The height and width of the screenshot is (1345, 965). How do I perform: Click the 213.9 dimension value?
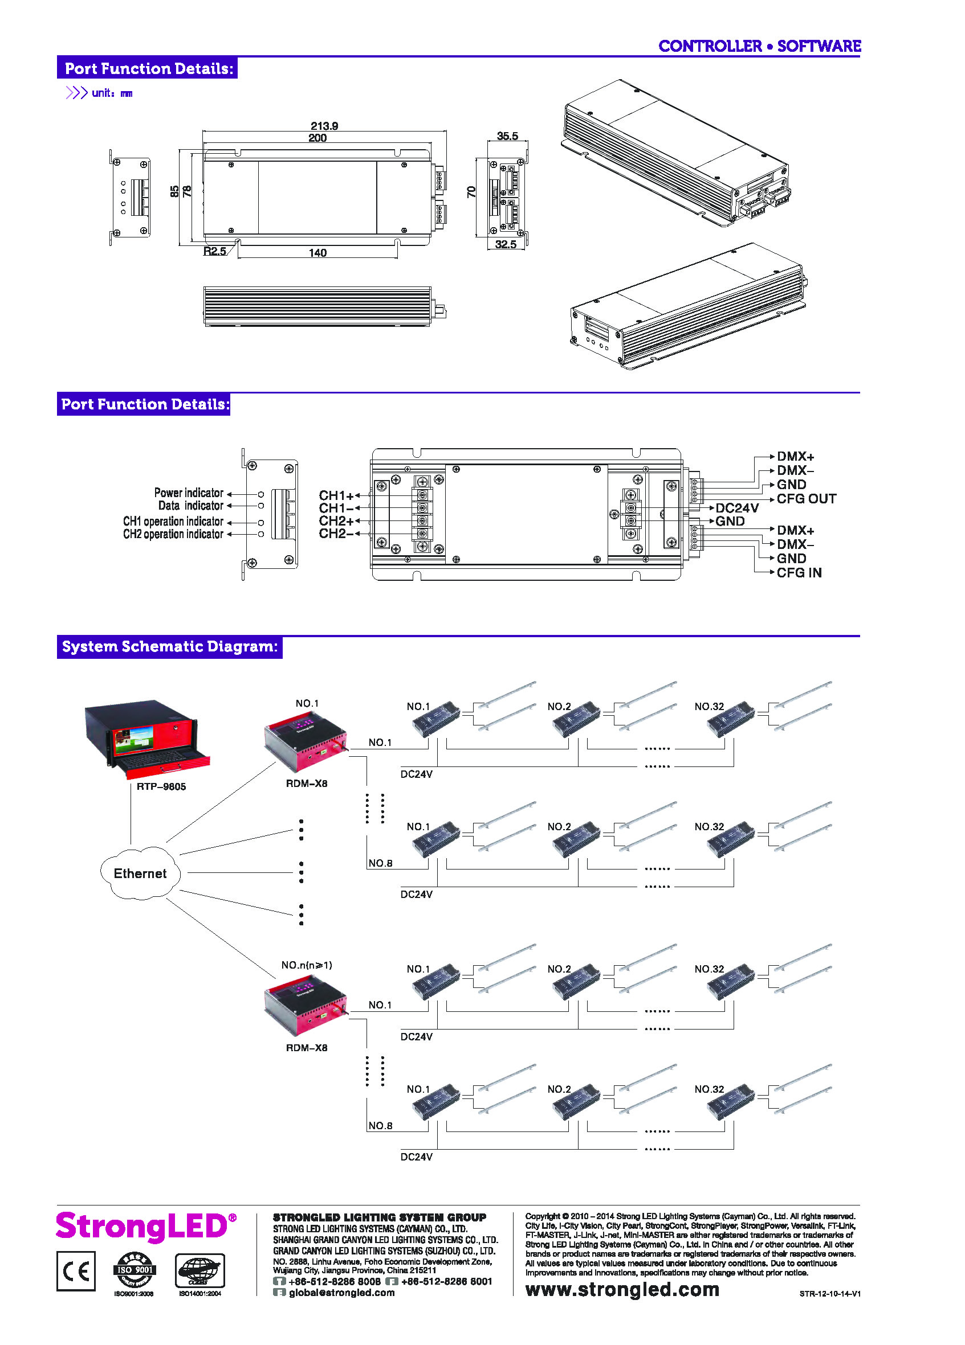pyautogui.click(x=324, y=126)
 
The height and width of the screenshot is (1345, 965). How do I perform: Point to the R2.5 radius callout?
pyautogui.click(x=214, y=251)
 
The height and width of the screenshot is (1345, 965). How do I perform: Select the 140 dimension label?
pyautogui.click(x=317, y=253)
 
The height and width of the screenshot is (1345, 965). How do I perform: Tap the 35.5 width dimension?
pyautogui.click(x=507, y=136)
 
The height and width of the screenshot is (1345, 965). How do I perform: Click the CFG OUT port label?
pyautogui.click(x=806, y=499)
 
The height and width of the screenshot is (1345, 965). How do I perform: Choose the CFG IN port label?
pyautogui.click(x=799, y=572)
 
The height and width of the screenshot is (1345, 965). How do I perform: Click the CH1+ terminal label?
pyautogui.click(x=336, y=495)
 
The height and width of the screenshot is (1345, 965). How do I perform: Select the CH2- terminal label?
pyautogui.click(x=336, y=533)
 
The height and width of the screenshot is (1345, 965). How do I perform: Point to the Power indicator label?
pyautogui.click(x=189, y=493)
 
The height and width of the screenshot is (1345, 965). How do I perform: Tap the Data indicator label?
pyautogui.click(x=190, y=505)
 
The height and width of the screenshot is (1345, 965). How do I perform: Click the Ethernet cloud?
pyautogui.click(x=140, y=873)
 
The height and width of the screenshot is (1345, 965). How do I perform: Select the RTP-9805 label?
pyautogui.click(x=161, y=786)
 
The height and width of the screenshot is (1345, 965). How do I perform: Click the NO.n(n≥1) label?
pyautogui.click(x=306, y=965)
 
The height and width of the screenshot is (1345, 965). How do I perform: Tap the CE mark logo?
pyautogui.click(x=76, y=1271)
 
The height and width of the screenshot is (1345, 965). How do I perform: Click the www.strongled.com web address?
pyautogui.click(x=622, y=1290)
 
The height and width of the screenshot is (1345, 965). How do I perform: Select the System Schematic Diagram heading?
pyautogui.click(x=170, y=646)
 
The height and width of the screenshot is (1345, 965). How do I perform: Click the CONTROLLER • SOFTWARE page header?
pyautogui.click(x=759, y=46)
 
